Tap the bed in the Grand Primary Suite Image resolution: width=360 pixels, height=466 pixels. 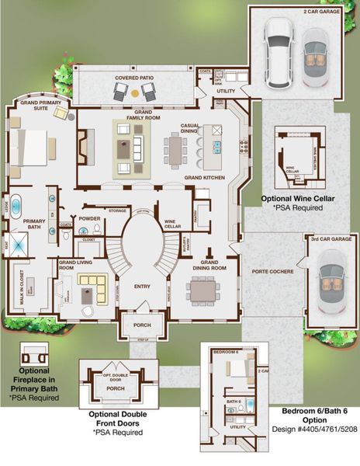click(32, 148)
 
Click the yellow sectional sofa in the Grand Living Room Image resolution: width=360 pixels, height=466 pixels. click(95, 290)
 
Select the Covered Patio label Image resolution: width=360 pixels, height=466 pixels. click(137, 78)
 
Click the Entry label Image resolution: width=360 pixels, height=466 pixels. click(142, 287)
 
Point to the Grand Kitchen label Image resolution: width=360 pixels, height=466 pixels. click(203, 178)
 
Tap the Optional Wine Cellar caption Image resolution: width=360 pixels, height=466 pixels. click(298, 199)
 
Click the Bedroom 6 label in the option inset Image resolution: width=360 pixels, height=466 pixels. click(227, 352)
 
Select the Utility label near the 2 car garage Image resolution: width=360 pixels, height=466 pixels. click(226, 91)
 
